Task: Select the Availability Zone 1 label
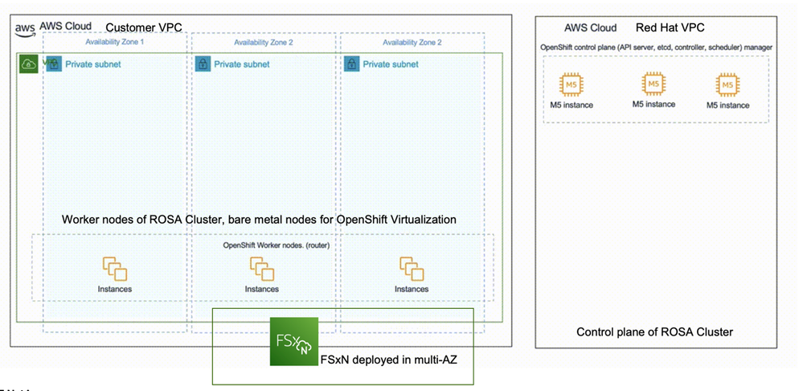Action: pyautogui.click(x=114, y=42)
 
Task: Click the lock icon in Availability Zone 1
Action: pyautogui.click(x=54, y=63)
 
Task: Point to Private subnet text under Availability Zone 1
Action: pyautogui.click(x=93, y=64)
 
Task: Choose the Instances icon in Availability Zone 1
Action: pyautogui.click(x=113, y=269)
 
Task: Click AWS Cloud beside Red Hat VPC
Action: pyautogui.click(x=590, y=27)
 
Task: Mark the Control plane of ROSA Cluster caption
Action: pyautogui.click(x=654, y=331)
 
